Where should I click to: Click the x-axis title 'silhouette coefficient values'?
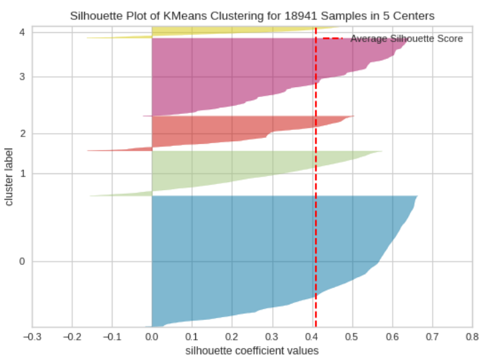click(251, 349)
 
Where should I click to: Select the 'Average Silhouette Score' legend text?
click(407, 39)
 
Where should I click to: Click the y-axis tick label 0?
click(23, 261)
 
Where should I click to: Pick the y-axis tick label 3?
click(23, 77)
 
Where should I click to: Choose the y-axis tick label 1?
click(23, 173)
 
